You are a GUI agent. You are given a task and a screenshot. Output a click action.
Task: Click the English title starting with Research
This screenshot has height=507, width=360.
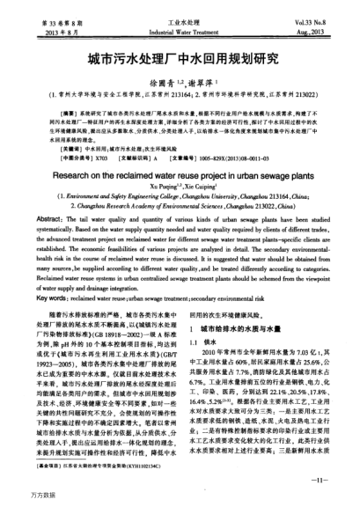180,174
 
